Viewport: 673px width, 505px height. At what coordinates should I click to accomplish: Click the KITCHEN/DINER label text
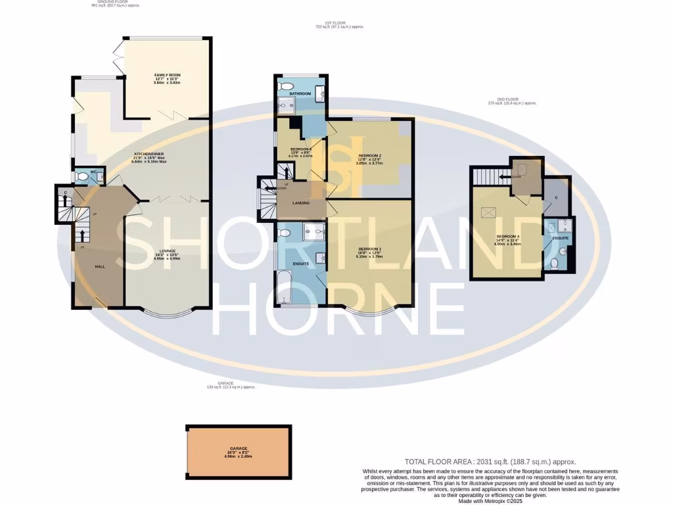click(x=148, y=154)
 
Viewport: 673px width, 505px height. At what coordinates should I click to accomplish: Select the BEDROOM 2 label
click(x=369, y=156)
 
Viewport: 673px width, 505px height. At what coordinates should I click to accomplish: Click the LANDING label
click(x=302, y=203)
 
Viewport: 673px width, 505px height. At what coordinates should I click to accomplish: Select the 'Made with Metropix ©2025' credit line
click(x=490, y=501)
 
